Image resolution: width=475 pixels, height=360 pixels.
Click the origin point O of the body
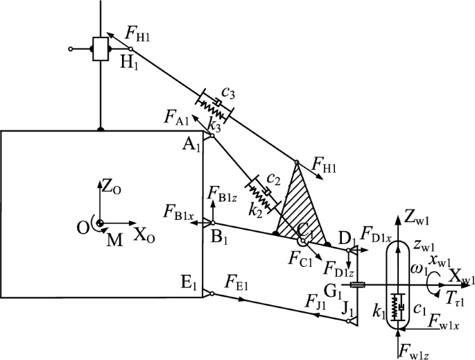pyautogui.click(x=100, y=223)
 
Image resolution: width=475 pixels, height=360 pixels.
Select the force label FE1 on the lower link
pyautogui.click(x=235, y=281)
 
